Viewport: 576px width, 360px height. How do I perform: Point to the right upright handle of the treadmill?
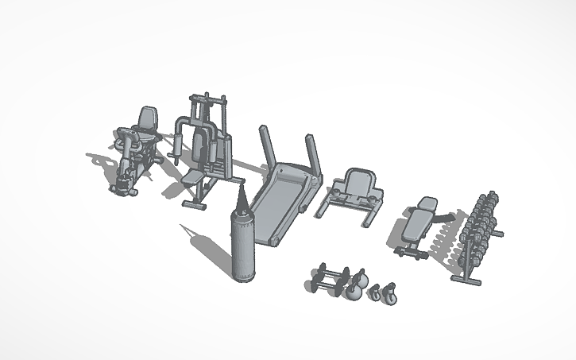tap(312, 155)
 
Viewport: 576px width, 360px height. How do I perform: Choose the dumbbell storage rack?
tap(481, 230)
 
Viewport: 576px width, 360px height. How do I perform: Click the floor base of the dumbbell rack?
tap(466, 279)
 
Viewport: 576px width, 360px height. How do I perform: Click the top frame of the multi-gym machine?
tap(207, 99)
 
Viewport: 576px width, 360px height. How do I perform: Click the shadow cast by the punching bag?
tap(203, 246)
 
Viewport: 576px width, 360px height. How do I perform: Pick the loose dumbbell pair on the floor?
tap(327, 279)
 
